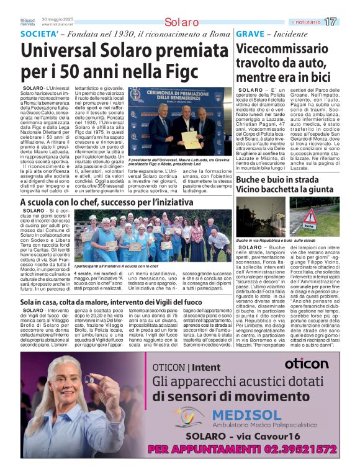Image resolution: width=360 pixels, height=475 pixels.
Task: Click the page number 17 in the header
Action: pos(331,22)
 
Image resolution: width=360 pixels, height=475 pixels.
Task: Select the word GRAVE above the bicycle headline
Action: pos(250,33)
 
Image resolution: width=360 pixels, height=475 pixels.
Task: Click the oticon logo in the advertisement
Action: pos(307,364)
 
